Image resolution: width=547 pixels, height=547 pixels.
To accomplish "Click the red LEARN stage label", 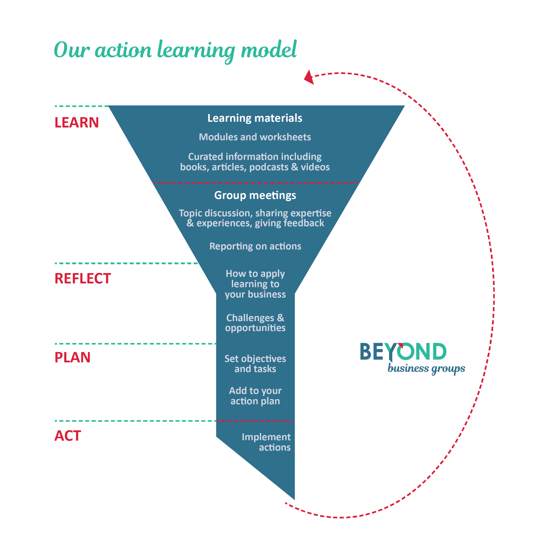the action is pyautogui.click(x=77, y=123).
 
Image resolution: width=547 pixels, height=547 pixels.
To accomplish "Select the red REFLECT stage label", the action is pyautogui.click(x=83, y=279).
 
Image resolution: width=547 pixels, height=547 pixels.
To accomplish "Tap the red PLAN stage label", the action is pyautogui.click(x=73, y=357).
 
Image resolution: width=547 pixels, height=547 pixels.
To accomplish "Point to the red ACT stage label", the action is pyautogui.click(x=68, y=436).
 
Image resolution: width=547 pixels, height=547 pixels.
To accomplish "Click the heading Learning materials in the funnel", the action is pyautogui.click(x=255, y=118).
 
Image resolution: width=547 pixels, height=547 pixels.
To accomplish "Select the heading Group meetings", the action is pyautogui.click(x=255, y=195).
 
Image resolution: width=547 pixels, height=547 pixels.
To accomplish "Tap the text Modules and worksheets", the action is pyautogui.click(x=255, y=137).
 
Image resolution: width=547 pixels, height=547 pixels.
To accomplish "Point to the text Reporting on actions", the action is pyautogui.click(x=255, y=246).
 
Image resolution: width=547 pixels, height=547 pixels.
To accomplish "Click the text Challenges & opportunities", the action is pyautogui.click(x=255, y=323).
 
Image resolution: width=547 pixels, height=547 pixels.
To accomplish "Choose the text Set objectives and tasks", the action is pyautogui.click(x=255, y=364).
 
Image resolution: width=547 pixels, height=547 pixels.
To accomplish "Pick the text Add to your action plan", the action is pyautogui.click(x=255, y=396).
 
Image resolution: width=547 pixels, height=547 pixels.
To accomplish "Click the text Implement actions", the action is pyautogui.click(x=266, y=442).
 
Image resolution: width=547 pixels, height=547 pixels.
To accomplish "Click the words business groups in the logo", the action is pyautogui.click(x=426, y=369).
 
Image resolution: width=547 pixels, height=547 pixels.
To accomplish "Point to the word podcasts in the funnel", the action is pyautogui.click(x=269, y=167).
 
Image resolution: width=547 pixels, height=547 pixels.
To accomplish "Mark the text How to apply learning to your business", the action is pyautogui.click(x=255, y=284).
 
